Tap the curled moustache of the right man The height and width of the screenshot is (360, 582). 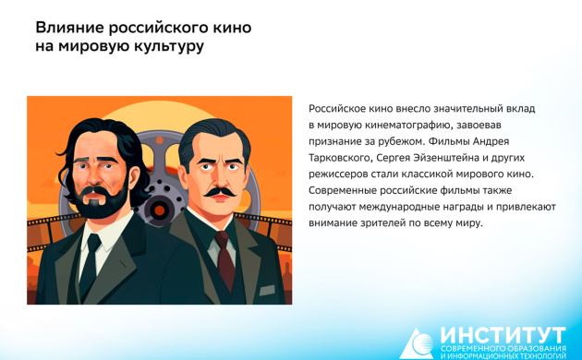click(217, 192)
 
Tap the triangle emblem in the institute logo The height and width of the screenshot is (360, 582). click(418, 342)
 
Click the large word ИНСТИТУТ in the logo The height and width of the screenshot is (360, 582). click(503, 333)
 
